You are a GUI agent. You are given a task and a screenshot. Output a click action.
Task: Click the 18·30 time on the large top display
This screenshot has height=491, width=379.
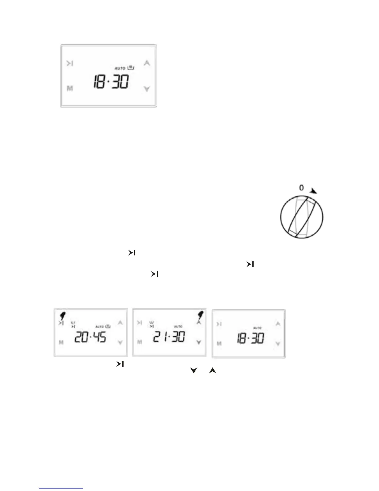(111, 82)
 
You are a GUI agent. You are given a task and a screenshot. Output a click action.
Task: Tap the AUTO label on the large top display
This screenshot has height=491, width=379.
(120, 68)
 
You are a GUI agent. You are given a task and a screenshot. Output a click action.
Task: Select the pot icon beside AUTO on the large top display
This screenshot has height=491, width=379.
(131, 67)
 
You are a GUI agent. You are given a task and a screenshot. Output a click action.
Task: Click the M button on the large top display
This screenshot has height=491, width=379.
(70, 89)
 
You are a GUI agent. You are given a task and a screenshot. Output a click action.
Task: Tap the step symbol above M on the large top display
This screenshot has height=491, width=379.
(70, 64)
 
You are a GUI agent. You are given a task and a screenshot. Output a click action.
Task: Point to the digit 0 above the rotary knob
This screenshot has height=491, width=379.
(301, 188)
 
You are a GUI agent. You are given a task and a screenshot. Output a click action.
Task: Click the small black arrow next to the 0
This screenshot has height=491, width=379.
(313, 191)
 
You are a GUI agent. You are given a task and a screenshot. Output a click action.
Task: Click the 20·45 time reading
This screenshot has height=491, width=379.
(90, 337)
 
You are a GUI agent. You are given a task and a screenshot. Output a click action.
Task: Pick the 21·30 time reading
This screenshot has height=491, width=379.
(169, 337)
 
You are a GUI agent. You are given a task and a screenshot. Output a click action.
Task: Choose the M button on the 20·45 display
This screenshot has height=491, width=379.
(61, 343)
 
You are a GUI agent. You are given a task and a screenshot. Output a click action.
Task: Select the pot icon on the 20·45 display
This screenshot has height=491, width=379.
(108, 326)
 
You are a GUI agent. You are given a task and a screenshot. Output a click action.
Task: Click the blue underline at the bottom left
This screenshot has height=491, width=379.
(61, 488)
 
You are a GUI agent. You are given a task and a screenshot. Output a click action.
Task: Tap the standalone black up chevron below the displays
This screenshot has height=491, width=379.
(212, 370)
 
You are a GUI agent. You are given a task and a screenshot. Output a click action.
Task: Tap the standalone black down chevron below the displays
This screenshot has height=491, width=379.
(194, 370)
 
